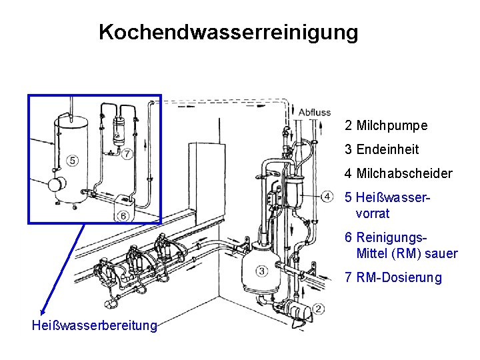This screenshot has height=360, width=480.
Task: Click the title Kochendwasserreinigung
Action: tap(228, 32)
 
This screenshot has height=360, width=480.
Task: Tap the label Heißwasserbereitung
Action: tap(95, 326)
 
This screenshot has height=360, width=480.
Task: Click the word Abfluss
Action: tap(315, 112)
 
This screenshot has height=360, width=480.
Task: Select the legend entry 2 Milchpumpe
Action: tap(386, 125)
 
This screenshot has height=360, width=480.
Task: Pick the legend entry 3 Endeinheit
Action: tap(381, 149)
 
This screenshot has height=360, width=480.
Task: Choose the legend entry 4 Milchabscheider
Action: tap(398, 173)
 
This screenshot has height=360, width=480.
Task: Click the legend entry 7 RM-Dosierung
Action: tap(393, 277)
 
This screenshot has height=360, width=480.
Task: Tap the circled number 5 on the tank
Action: tap(72, 161)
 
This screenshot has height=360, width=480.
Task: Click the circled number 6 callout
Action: tap(123, 215)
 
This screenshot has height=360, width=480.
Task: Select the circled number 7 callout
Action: tap(127, 153)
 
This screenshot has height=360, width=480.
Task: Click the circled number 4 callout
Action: tap(327, 196)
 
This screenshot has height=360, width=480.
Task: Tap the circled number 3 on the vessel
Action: tap(261, 271)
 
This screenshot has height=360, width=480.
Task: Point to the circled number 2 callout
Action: tap(319, 308)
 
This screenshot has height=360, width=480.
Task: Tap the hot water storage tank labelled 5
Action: tap(69, 157)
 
